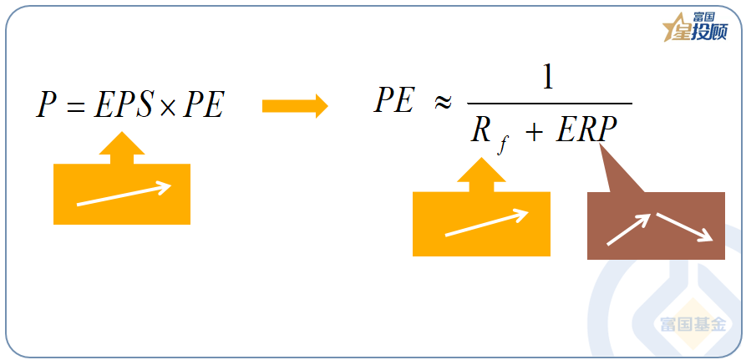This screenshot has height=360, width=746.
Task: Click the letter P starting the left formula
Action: coord(46,106)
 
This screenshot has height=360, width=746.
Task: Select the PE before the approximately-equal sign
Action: coord(394,101)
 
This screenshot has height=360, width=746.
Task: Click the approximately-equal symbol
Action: coord(442,103)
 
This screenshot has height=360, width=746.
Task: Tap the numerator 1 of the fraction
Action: coord(547,79)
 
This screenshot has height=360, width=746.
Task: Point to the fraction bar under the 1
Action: coord(547,104)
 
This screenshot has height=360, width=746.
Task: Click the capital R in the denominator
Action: coord(480,131)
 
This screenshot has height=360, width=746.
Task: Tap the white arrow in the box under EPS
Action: coord(124,195)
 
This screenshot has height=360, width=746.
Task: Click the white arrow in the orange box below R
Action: coord(486,223)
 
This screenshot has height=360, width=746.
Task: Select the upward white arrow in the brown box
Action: coord(628,229)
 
